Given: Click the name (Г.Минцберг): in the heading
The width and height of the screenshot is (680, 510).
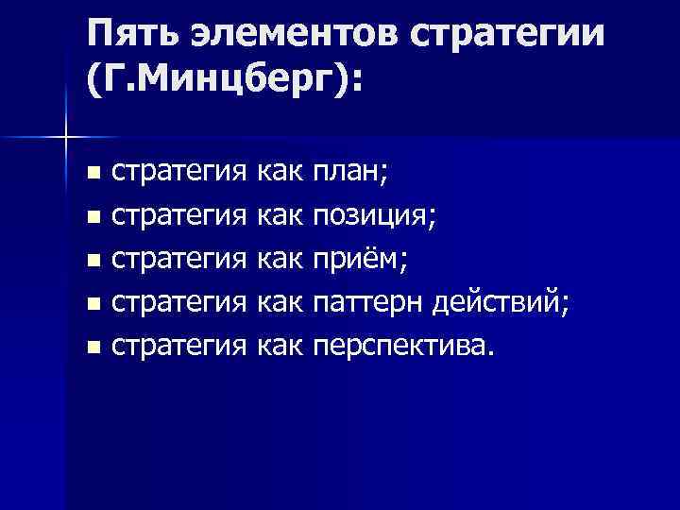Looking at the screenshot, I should (223, 87).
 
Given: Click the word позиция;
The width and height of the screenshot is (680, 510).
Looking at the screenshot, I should (373, 217).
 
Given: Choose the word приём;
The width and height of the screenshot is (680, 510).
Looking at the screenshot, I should (359, 262).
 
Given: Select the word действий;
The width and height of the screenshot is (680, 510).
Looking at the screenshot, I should (502, 305).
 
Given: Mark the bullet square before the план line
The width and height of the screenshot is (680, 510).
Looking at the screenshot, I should (92, 174).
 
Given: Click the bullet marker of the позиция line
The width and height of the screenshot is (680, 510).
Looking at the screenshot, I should (92, 218).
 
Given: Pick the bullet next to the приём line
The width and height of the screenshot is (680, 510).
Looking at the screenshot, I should (92, 262).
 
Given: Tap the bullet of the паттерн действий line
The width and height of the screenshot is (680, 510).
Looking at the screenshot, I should (92, 306).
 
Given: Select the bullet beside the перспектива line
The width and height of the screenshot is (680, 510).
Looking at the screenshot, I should (92, 349).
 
